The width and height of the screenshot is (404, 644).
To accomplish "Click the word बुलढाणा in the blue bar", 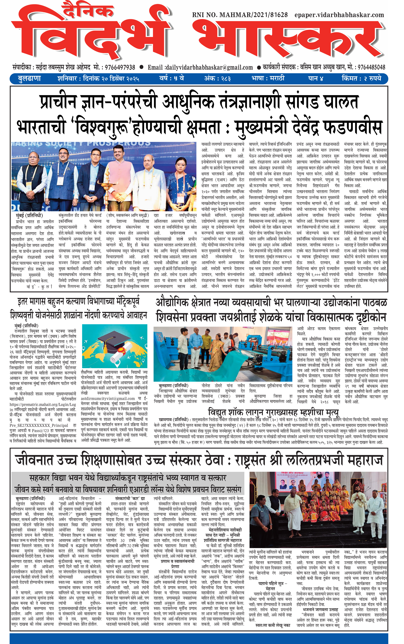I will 29,79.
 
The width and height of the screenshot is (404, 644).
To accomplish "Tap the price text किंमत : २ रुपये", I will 361,79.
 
